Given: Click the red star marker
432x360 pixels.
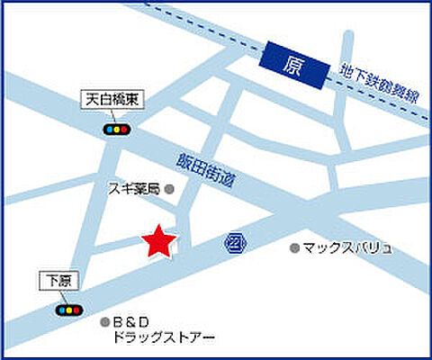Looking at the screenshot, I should click(x=159, y=242).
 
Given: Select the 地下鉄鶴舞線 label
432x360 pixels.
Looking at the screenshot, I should click(x=379, y=84).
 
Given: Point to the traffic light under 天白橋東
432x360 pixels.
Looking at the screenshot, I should click(x=117, y=130).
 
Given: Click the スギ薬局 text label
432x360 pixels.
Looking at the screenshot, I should click(x=134, y=189).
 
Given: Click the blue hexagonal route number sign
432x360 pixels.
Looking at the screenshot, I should click(x=235, y=243).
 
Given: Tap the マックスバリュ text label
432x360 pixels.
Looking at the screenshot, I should click(x=347, y=247).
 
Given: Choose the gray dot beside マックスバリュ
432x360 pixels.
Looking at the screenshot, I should click(x=293, y=247).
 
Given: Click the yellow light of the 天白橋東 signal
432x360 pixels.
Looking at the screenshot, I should click(x=117, y=130).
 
